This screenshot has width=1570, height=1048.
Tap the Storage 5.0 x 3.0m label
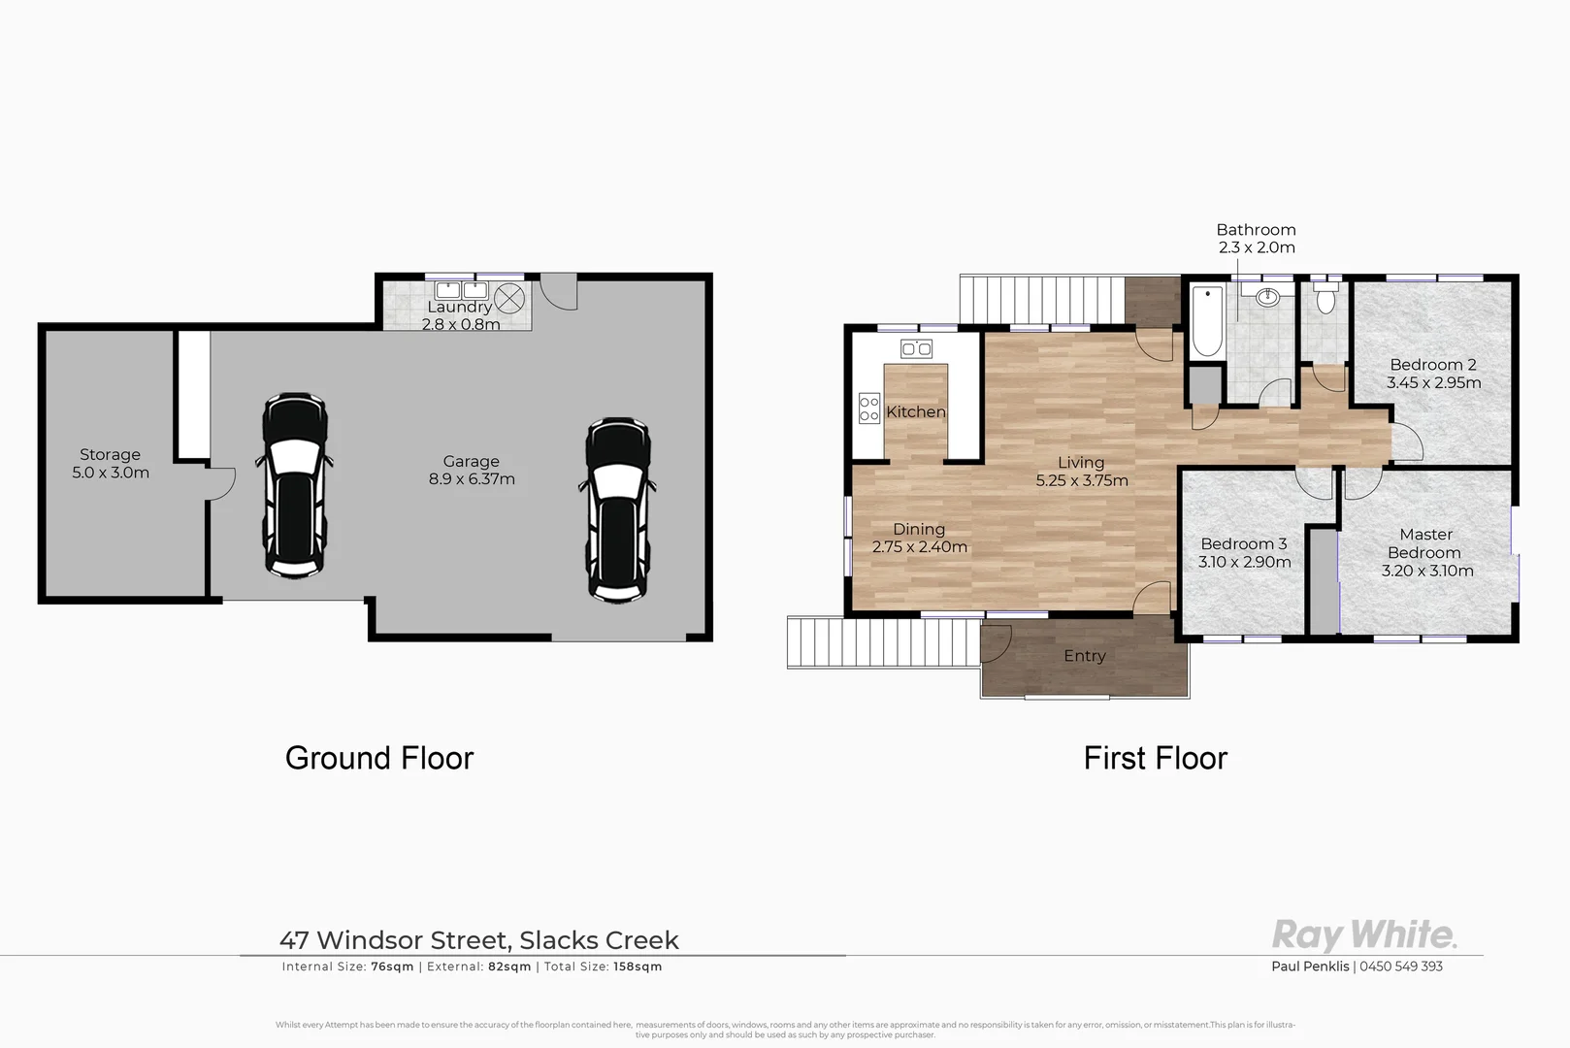[111, 464]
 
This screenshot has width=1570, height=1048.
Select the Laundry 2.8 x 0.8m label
[460, 315]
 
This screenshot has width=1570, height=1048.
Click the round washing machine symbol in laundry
[509, 295]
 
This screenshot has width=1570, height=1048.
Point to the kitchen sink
[916, 348]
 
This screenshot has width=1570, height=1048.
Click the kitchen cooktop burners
[868, 409]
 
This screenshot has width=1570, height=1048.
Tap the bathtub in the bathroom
[1206, 321]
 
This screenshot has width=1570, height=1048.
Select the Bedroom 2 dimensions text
[1433, 382]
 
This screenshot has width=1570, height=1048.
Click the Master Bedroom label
[1425, 543]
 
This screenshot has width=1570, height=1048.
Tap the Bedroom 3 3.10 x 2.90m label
[1244, 553]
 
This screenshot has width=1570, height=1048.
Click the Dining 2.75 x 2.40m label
[919, 538]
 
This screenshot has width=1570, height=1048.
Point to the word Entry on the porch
[1084, 656]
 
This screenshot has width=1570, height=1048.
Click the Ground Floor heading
[379, 758]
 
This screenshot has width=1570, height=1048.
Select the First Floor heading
[1155, 758]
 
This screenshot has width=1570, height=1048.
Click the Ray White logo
[1363, 934]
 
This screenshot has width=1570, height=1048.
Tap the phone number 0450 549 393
[1401, 966]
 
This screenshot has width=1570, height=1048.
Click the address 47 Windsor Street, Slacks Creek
[479, 940]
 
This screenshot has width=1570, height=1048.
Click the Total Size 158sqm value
[638, 966]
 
